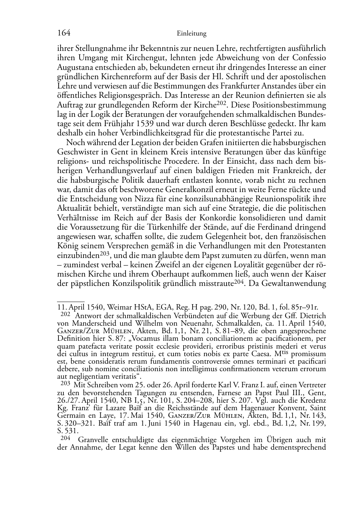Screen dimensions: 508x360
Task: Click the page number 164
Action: (63, 33)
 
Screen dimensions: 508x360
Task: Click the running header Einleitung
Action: (192, 34)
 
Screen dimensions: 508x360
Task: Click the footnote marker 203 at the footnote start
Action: (65, 384)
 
